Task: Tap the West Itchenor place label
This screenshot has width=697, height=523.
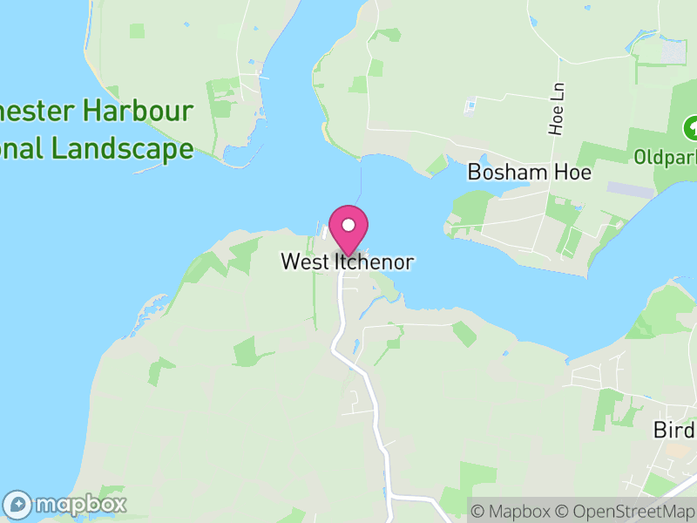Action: point(347,261)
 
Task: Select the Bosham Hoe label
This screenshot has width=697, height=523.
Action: point(530,172)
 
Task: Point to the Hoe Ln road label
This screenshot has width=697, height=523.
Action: point(557,110)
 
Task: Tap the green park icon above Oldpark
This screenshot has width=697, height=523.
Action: point(691,129)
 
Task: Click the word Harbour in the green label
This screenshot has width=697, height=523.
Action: point(150,112)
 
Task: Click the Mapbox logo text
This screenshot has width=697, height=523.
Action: point(80,504)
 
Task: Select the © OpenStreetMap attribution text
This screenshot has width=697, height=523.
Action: point(626,511)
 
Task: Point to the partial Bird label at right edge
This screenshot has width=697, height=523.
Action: point(674,431)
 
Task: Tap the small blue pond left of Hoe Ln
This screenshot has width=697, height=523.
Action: point(471,106)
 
